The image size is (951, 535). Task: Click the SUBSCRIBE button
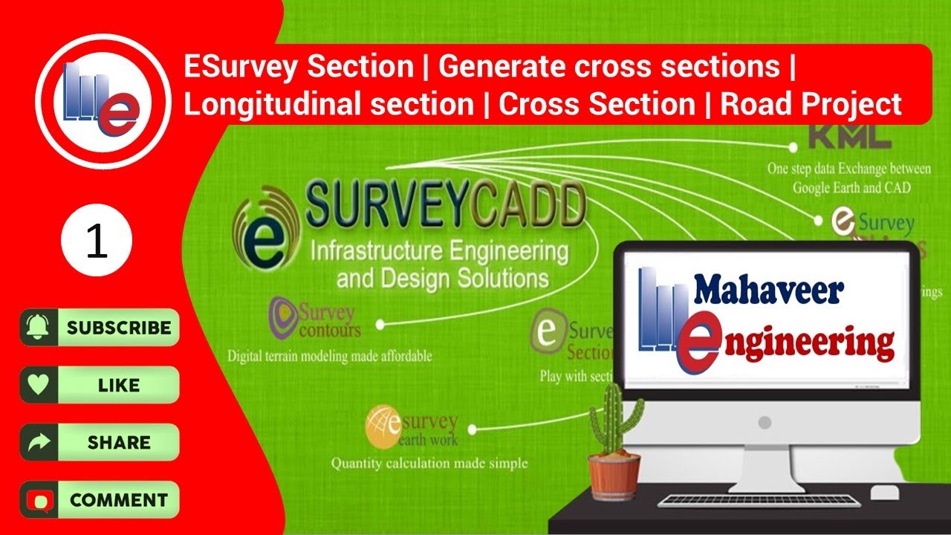tap(100, 328)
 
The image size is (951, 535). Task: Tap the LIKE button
tap(100, 385)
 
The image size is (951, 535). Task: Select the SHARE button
tap(100, 442)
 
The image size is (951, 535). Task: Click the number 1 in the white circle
tap(97, 243)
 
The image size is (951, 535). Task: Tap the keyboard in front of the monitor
tap(758, 500)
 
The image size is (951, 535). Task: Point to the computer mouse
tap(883, 493)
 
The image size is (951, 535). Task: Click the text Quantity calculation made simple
tap(429, 463)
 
